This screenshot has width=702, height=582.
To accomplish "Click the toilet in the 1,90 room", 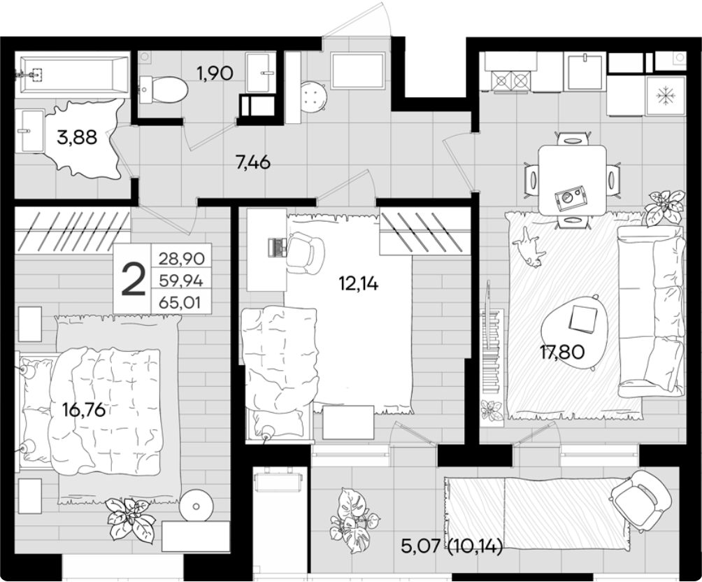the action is (x=164, y=88).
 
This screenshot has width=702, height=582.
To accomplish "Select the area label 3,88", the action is (x=77, y=137).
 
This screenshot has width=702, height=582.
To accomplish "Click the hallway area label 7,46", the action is (x=253, y=162).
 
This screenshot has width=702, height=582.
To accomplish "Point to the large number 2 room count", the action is (x=134, y=278).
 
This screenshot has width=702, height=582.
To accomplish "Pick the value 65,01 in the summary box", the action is (x=181, y=304).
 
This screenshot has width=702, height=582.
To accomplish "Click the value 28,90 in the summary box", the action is (x=181, y=259).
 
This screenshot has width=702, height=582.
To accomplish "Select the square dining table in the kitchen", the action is (x=573, y=180).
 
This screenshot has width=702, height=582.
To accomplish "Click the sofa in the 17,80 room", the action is (x=652, y=311).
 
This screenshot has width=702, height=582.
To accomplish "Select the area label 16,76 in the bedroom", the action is (x=84, y=409).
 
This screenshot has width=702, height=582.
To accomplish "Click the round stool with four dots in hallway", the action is (x=314, y=96).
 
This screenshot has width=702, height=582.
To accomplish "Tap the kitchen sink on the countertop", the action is (x=586, y=71).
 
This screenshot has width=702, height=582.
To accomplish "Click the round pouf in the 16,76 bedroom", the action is (x=196, y=506).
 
